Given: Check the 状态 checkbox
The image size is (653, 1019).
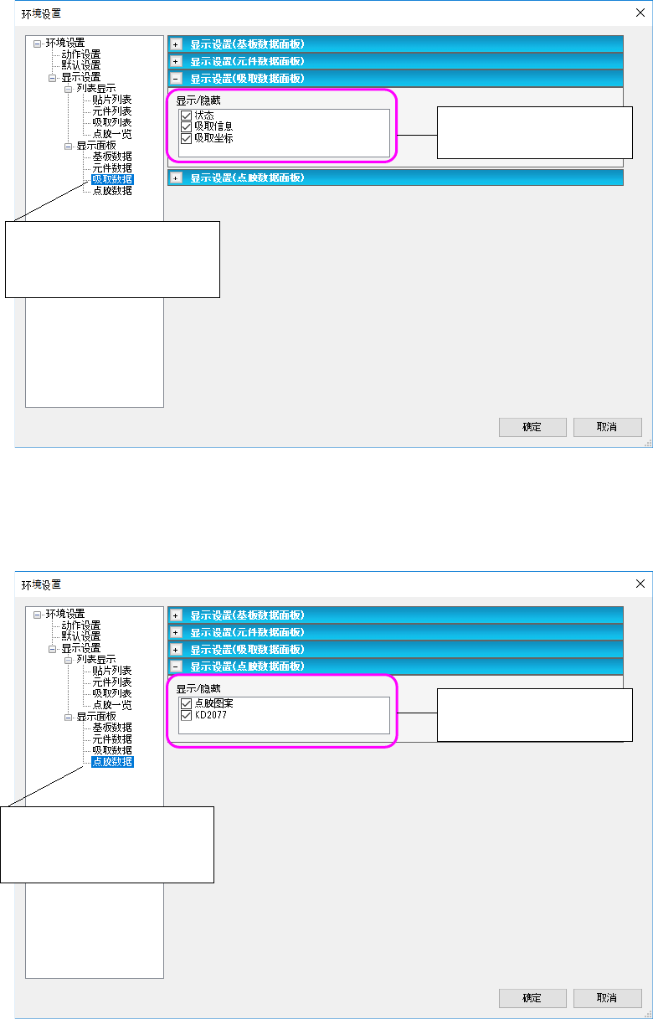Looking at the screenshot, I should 186,116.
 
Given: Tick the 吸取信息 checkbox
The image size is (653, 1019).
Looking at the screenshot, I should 186,126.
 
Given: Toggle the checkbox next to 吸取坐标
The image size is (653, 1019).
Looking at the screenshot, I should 186,138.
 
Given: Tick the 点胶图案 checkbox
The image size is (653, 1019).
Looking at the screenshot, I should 186,703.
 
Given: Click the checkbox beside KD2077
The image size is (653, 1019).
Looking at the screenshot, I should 186,715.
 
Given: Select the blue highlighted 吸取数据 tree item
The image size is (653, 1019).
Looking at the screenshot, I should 112,179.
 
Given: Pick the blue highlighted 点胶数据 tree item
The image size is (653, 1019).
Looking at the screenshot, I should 112,762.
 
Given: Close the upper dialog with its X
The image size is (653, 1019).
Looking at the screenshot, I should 640,13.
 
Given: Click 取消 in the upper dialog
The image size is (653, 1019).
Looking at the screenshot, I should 607,427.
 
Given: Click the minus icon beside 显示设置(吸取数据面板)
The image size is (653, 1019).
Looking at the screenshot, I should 176,78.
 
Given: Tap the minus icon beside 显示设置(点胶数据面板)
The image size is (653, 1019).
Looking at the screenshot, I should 176,666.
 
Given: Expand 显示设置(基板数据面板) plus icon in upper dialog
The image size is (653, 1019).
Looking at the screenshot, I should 176,44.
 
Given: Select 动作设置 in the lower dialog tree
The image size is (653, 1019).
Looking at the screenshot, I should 80,625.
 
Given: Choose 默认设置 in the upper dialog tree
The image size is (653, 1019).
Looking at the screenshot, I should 80,65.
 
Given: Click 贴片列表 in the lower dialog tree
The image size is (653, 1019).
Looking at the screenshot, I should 112,671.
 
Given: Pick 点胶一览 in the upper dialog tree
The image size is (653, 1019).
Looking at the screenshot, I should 112,134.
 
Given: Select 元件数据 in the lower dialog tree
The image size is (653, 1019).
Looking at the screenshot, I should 112,739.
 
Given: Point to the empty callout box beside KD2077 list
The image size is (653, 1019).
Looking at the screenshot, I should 535,714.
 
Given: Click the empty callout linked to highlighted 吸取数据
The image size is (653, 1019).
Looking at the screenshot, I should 112,259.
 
